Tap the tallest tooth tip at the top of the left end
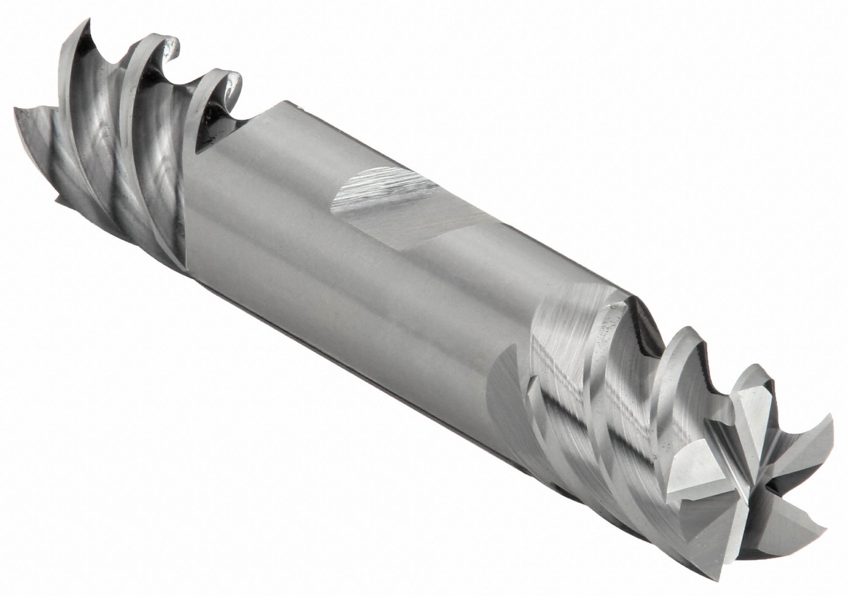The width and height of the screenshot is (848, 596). coord(89,19)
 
